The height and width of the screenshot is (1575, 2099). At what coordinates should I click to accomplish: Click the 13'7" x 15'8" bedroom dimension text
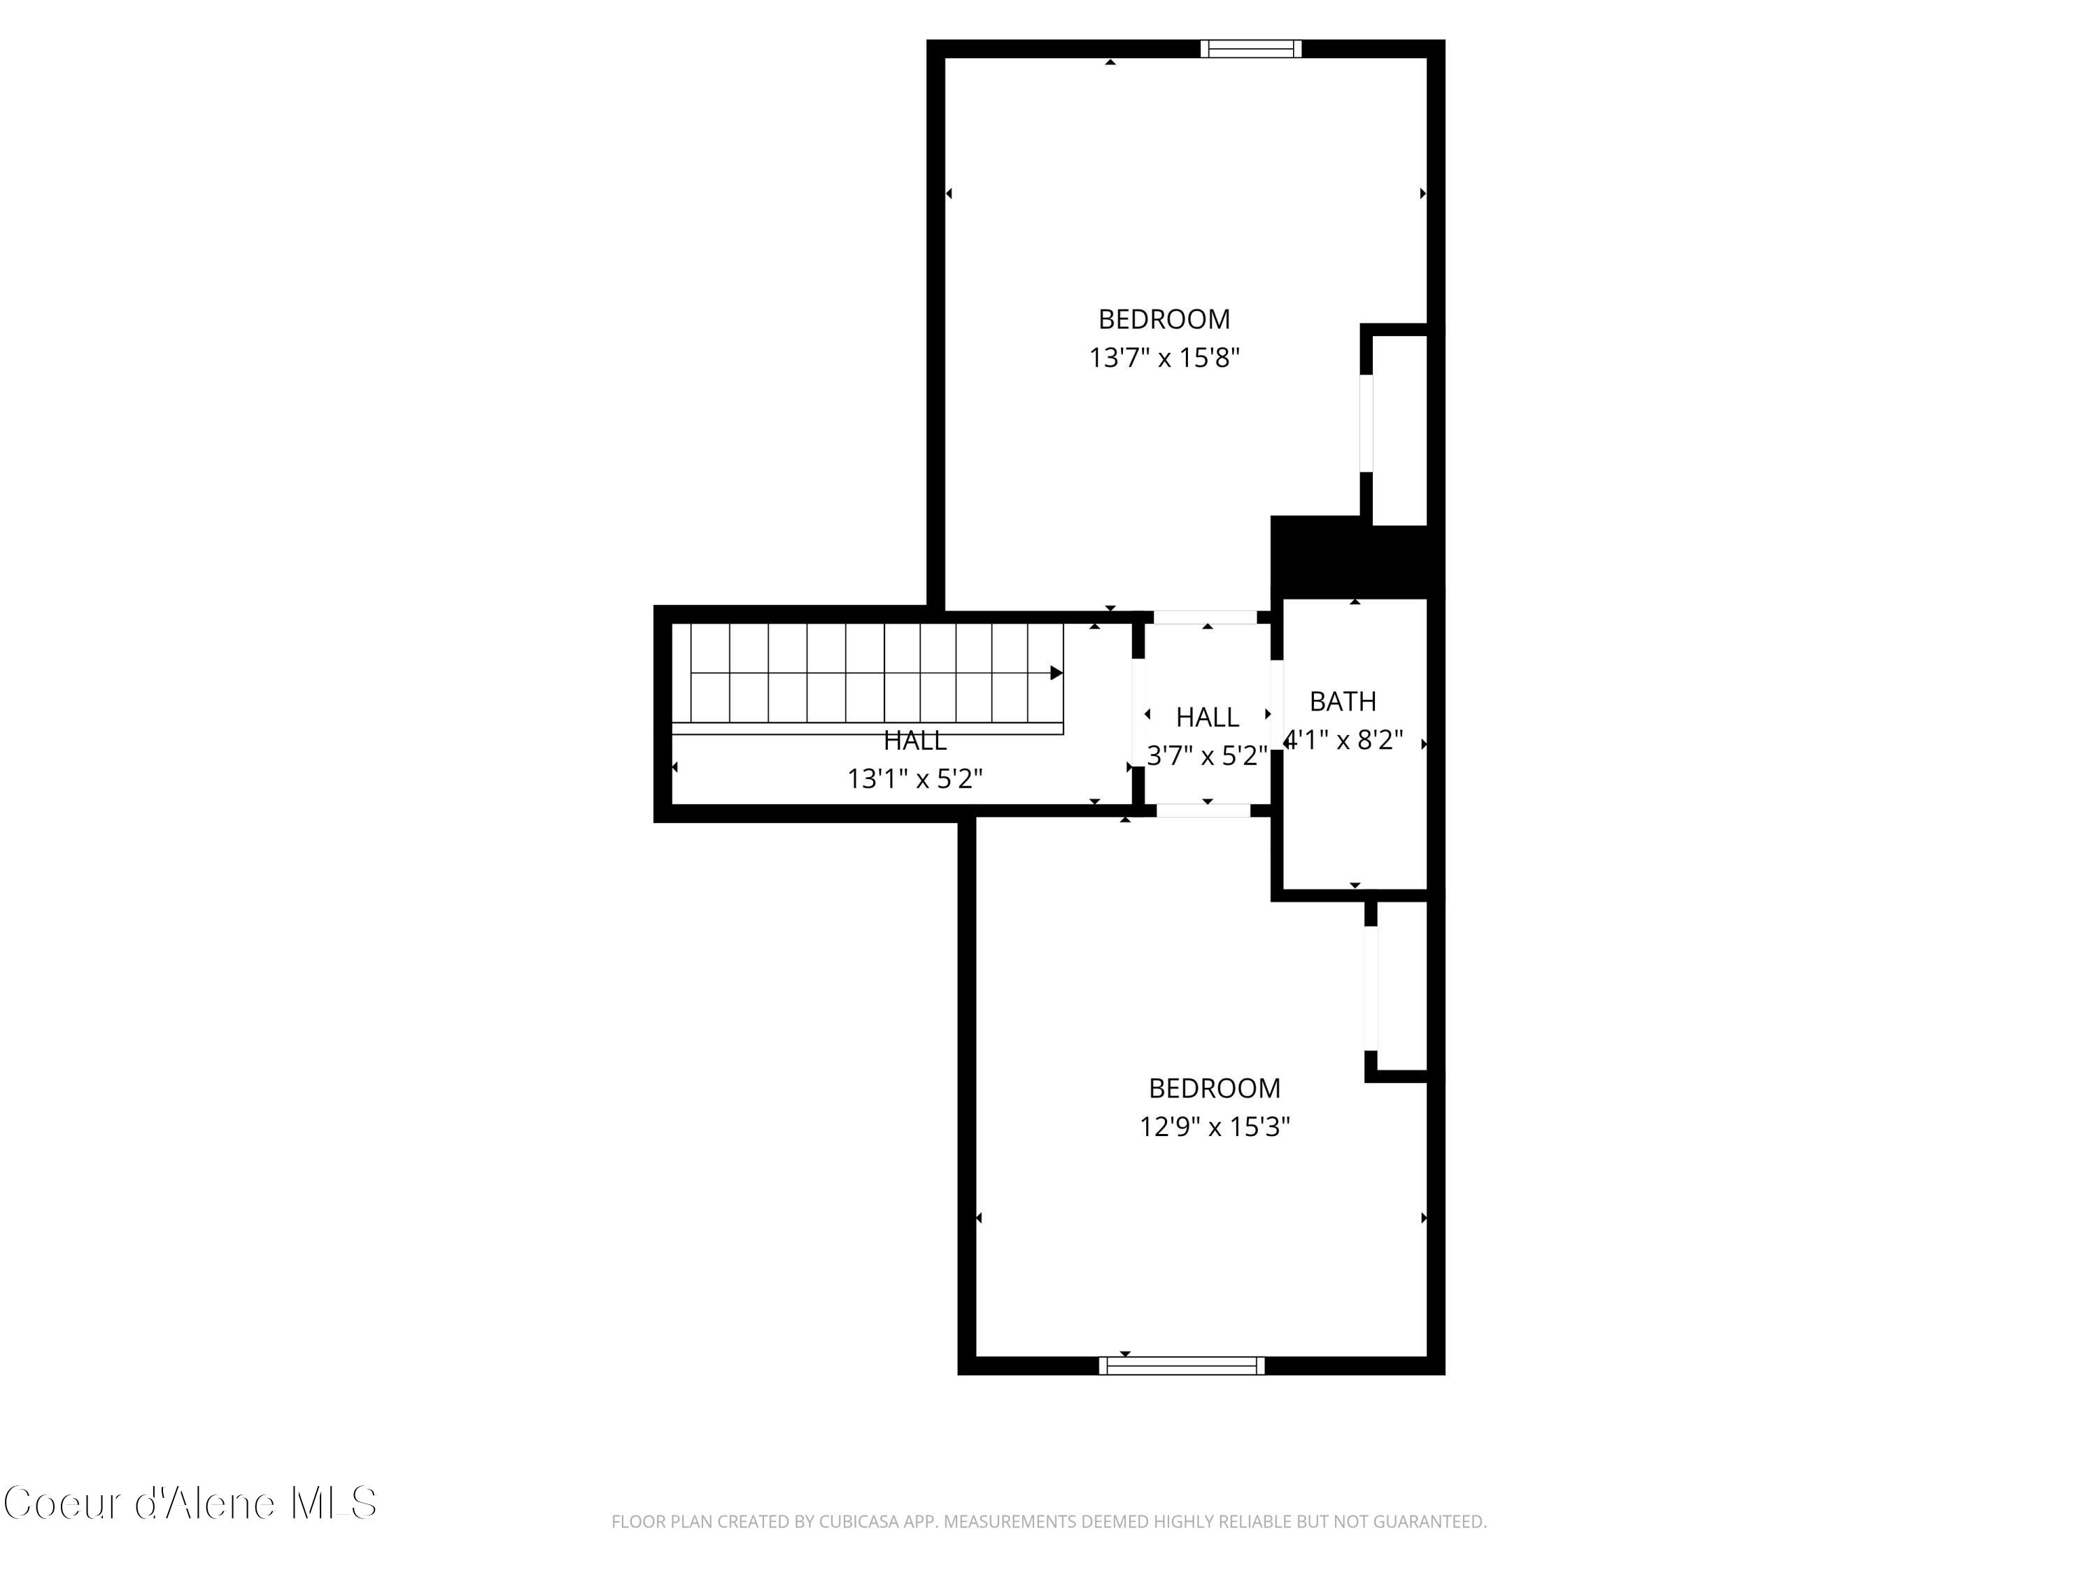(x=1164, y=358)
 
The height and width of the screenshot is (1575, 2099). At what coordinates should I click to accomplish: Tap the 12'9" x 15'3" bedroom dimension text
(x=1215, y=1127)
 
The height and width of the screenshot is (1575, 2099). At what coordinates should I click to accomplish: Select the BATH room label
(x=1343, y=701)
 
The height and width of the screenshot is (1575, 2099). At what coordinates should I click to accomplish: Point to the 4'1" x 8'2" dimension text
(x=1343, y=740)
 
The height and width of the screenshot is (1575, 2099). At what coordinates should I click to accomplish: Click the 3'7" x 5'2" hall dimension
(x=1207, y=756)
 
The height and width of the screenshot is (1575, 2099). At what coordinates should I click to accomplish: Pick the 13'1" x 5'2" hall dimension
(x=914, y=778)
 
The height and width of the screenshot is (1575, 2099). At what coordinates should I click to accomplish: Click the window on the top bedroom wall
(x=1251, y=48)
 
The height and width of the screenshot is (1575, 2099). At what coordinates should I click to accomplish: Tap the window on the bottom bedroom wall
(x=1182, y=1365)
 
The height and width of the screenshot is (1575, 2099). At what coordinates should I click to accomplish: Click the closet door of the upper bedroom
(x=1366, y=423)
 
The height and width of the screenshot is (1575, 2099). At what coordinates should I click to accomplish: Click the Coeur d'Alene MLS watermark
(x=190, y=1503)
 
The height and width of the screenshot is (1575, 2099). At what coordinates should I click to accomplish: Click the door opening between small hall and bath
(x=1276, y=704)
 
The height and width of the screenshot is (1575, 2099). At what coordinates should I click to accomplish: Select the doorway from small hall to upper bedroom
(x=1205, y=617)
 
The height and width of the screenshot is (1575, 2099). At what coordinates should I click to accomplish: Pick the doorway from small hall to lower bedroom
(x=1203, y=811)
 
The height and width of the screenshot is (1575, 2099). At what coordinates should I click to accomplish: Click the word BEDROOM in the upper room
(x=1164, y=319)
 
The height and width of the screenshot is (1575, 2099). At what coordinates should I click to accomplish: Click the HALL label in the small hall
(x=1207, y=717)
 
